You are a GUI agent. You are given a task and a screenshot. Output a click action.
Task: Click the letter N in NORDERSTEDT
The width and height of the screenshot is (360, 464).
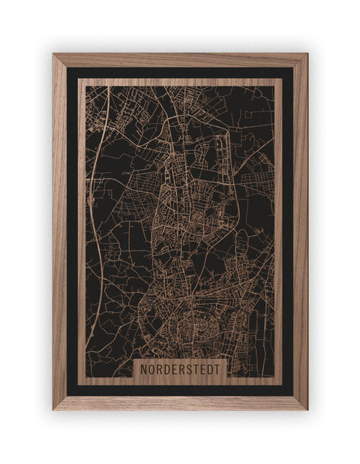(144, 370)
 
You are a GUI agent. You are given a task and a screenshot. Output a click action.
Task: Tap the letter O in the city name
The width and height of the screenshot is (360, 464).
(152, 370)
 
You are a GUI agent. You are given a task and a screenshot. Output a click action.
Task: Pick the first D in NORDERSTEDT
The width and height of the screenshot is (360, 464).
(169, 370)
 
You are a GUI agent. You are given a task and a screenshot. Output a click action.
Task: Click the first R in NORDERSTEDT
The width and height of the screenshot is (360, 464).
(160, 370)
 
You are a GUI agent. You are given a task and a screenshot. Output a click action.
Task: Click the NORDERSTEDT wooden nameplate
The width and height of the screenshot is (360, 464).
(180, 370)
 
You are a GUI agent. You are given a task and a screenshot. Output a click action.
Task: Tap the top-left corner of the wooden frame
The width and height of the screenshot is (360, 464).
(55, 56)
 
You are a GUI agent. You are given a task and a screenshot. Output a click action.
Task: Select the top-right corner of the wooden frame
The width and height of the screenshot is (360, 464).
(305, 56)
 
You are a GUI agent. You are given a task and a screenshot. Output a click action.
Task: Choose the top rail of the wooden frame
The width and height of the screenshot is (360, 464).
(180, 60)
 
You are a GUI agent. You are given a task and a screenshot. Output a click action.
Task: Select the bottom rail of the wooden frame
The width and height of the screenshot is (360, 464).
(180, 402)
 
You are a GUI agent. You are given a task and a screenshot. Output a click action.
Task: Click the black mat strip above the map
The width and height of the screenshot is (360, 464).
(180, 73)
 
